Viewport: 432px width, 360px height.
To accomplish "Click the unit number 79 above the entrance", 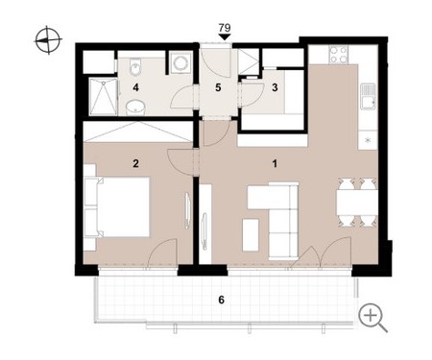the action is [225, 28].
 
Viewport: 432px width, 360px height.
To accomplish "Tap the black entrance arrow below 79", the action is [225, 37].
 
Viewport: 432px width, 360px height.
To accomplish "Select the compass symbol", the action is [48, 40].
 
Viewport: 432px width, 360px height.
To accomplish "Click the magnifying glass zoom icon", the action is [372, 318].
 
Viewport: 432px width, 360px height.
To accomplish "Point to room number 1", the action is [275, 164].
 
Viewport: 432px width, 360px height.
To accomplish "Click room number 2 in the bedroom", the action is [135, 163].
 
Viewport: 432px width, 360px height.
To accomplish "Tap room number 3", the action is [275, 87].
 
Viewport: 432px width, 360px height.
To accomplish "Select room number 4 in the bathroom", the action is [136, 87].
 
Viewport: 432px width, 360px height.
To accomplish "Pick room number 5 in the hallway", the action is [218, 87].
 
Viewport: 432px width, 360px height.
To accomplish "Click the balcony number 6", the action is [221, 300].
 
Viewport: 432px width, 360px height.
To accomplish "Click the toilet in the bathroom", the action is [135, 66].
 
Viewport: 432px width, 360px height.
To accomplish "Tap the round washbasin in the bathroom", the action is [135, 108].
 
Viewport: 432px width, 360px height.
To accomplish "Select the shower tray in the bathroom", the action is [103, 97].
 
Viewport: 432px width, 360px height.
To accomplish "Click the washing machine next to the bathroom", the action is [180, 62].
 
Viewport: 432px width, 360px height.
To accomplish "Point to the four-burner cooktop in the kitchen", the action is [339, 55].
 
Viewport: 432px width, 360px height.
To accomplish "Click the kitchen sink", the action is [368, 96].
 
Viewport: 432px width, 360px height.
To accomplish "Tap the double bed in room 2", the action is [117, 206].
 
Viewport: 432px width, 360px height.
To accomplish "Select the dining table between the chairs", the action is [357, 203].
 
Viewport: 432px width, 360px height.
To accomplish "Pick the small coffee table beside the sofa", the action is [251, 235].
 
